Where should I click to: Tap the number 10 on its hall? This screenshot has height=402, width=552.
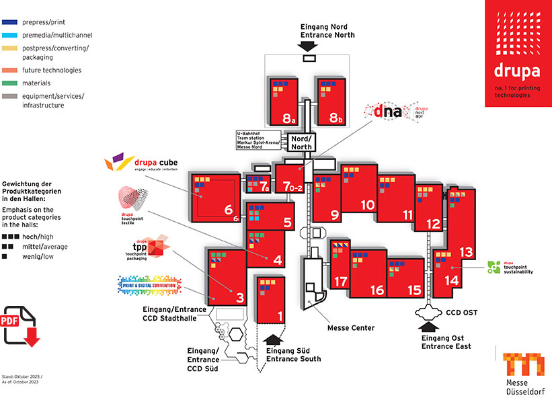(x=367, y=205)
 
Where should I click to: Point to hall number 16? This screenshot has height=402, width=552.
(x=377, y=290)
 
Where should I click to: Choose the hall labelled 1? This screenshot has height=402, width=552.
(x=281, y=313)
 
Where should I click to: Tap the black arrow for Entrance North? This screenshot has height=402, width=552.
(x=308, y=46)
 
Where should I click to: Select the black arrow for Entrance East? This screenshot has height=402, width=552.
(x=428, y=327)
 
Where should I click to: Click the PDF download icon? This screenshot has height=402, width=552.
(x=21, y=327)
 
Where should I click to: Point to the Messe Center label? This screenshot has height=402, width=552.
(x=350, y=328)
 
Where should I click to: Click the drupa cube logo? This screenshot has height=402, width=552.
(x=141, y=163)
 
